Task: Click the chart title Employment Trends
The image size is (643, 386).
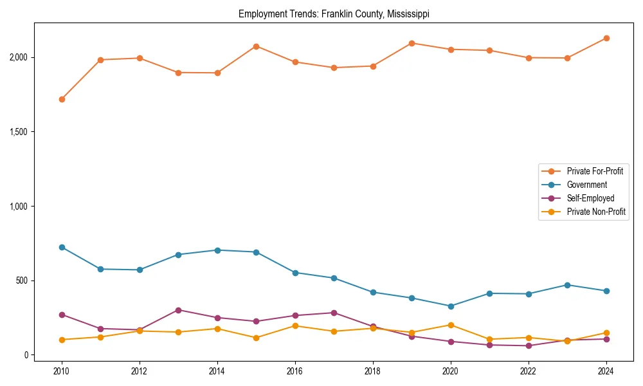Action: coord(334,14)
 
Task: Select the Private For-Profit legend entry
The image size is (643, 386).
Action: coord(595,171)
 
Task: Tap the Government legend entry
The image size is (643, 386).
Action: coord(586,185)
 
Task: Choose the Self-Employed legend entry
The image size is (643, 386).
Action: coord(590,198)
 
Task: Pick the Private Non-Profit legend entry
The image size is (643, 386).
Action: coord(596,212)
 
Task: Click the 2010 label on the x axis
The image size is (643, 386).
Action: coord(62,371)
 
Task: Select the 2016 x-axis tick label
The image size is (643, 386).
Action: coord(294,371)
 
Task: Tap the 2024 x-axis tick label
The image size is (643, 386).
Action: coord(605,371)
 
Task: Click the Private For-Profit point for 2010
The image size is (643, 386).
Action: coord(62,99)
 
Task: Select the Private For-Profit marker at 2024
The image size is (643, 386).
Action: coord(605,38)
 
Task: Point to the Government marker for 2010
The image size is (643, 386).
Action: coord(62,247)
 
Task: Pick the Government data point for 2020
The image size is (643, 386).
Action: coord(450,306)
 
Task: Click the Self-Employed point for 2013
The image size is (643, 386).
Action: coord(178,310)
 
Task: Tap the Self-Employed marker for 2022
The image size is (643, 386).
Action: coord(528,346)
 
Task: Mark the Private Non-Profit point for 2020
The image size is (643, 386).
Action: coord(450,325)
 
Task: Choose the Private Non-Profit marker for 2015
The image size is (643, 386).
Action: coord(256,338)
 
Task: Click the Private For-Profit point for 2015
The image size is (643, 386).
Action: coord(256,46)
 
